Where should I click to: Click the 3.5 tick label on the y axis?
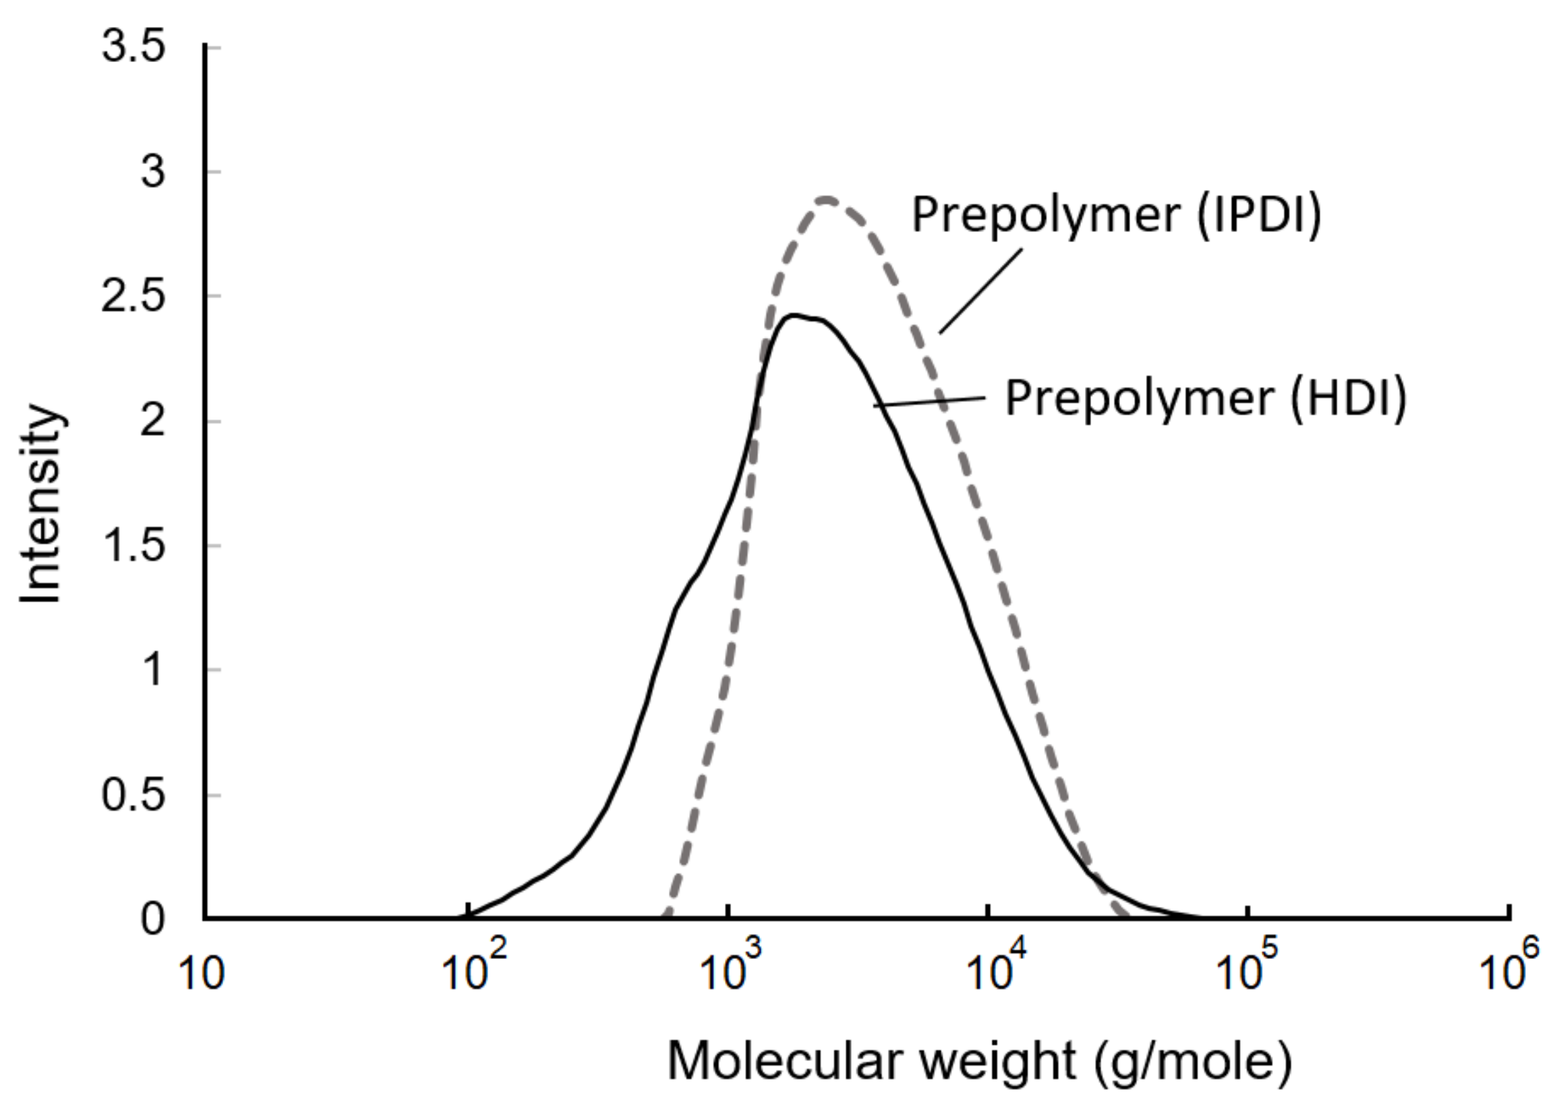coord(134,48)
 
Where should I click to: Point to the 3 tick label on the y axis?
coord(153,171)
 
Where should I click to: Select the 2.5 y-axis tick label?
coord(134,297)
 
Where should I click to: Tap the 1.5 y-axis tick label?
coord(134,546)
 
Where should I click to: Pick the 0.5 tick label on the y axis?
coord(134,796)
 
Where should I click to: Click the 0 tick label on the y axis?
coord(153,920)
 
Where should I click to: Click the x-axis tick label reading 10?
coord(202,974)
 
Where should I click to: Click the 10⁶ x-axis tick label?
coord(1508,970)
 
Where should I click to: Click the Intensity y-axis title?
coord(42,504)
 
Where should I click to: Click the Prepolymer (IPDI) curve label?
coord(1117,215)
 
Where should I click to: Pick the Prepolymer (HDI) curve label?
coord(1206,399)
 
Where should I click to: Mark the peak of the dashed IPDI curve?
coord(827,200)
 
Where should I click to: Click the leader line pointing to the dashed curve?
coord(980,291)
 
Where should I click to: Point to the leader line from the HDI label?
coord(929,402)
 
